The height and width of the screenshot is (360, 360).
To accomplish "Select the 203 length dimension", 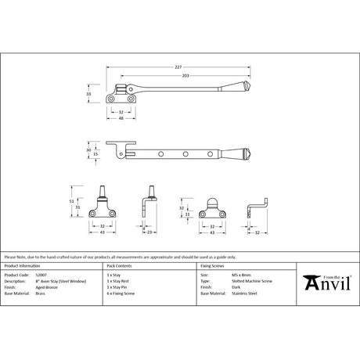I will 185,76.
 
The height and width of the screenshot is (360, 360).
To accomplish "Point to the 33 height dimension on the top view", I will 89,94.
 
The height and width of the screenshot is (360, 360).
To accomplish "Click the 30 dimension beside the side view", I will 88,149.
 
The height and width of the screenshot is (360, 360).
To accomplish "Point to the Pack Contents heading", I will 120,268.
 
